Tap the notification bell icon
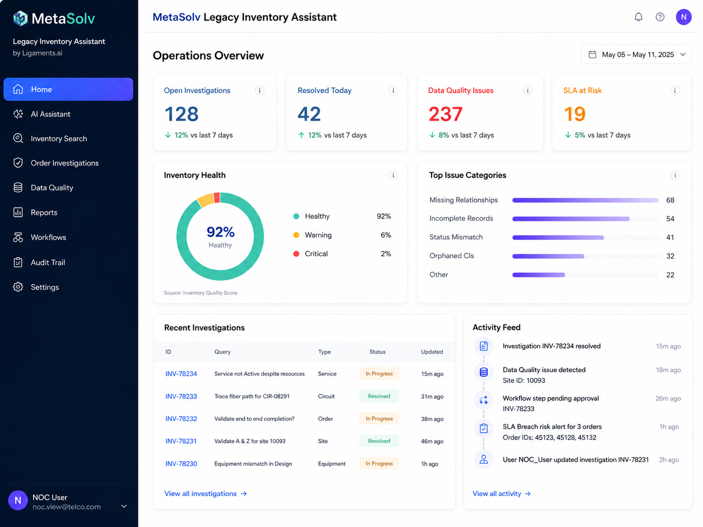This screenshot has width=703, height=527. point(638,17)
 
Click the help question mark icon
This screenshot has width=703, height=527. point(660,17)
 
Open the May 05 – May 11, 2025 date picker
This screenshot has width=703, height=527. point(636,54)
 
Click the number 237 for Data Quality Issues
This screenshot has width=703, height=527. point(446,114)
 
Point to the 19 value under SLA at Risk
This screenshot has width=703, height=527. point(574,114)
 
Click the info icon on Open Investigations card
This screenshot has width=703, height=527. point(259,91)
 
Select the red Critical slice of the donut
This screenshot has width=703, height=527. point(217,198)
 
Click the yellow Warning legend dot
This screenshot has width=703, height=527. point(296,235)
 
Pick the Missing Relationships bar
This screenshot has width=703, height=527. point(586,200)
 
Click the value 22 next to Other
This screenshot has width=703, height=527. point(670,275)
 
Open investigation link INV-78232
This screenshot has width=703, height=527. point(181,419)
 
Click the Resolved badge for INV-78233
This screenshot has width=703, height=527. point(379,396)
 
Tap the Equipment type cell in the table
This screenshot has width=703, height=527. point(332,463)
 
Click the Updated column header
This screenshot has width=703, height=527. point(432,352)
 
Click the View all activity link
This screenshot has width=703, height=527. point(502,494)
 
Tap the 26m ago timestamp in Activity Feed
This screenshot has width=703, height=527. point(668,398)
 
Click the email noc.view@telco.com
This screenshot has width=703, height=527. point(67,507)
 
